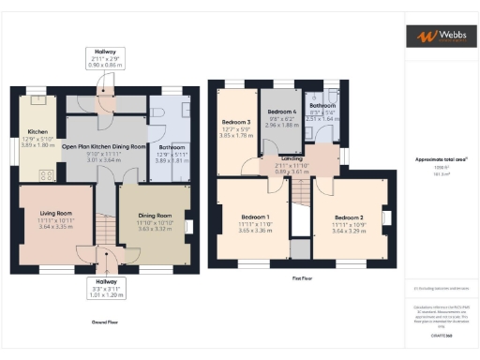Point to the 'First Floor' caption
click(x=302, y=278)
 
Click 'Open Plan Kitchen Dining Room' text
click(x=104, y=147)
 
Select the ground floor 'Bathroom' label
click(x=172, y=148)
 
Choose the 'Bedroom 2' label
click(x=349, y=217)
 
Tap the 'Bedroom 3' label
click(x=236, y=123)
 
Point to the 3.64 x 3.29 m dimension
click(x=349, y=229)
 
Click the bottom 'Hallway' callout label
click(x=105, y=280)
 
